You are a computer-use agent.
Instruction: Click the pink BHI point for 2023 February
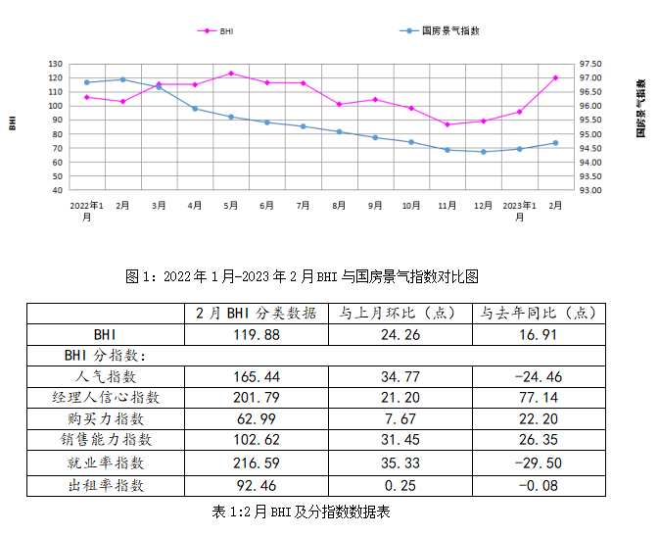(x=555, y=77)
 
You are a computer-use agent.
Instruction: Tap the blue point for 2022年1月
(x=86, y=82)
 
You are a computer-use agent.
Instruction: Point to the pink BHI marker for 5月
(x=230, y=73)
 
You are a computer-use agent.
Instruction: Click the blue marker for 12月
(x=483, y=152)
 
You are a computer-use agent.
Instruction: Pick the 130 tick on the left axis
(x=55, y=64)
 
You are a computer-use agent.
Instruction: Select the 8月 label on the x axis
(x=339, y=206)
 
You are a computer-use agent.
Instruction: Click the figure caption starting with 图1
(x=302, y=276)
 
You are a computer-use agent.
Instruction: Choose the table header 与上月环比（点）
(x=399, y=314)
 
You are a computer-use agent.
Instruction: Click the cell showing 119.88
(x=256, y=334)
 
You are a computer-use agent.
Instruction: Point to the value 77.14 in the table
(x=538, y=398)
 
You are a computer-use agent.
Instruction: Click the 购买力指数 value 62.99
(x=256, y=419)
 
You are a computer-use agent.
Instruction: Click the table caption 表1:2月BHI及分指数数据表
(x=302, y=512)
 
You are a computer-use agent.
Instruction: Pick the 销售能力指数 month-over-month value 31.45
(x=399, y=441)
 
